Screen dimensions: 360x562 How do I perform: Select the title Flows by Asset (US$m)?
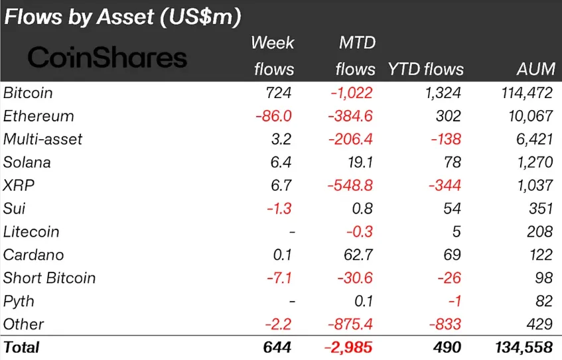(x=123, y=17)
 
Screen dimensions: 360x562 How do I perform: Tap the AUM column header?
(x=535, y=69)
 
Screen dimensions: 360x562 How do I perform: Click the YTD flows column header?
(x=425, y=69)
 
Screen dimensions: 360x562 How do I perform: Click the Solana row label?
(x=27, y=162)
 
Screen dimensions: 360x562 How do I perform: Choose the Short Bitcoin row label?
(x=50, y=278)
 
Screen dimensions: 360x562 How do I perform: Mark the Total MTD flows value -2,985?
(x=348, y=347)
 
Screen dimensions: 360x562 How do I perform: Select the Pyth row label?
(x=19, y=301)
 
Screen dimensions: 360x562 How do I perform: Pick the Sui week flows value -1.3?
(x=280, y=209)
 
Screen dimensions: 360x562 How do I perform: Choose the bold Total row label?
(x=22, y=347)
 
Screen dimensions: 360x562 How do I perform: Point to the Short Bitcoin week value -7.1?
(x=280, y=278)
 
